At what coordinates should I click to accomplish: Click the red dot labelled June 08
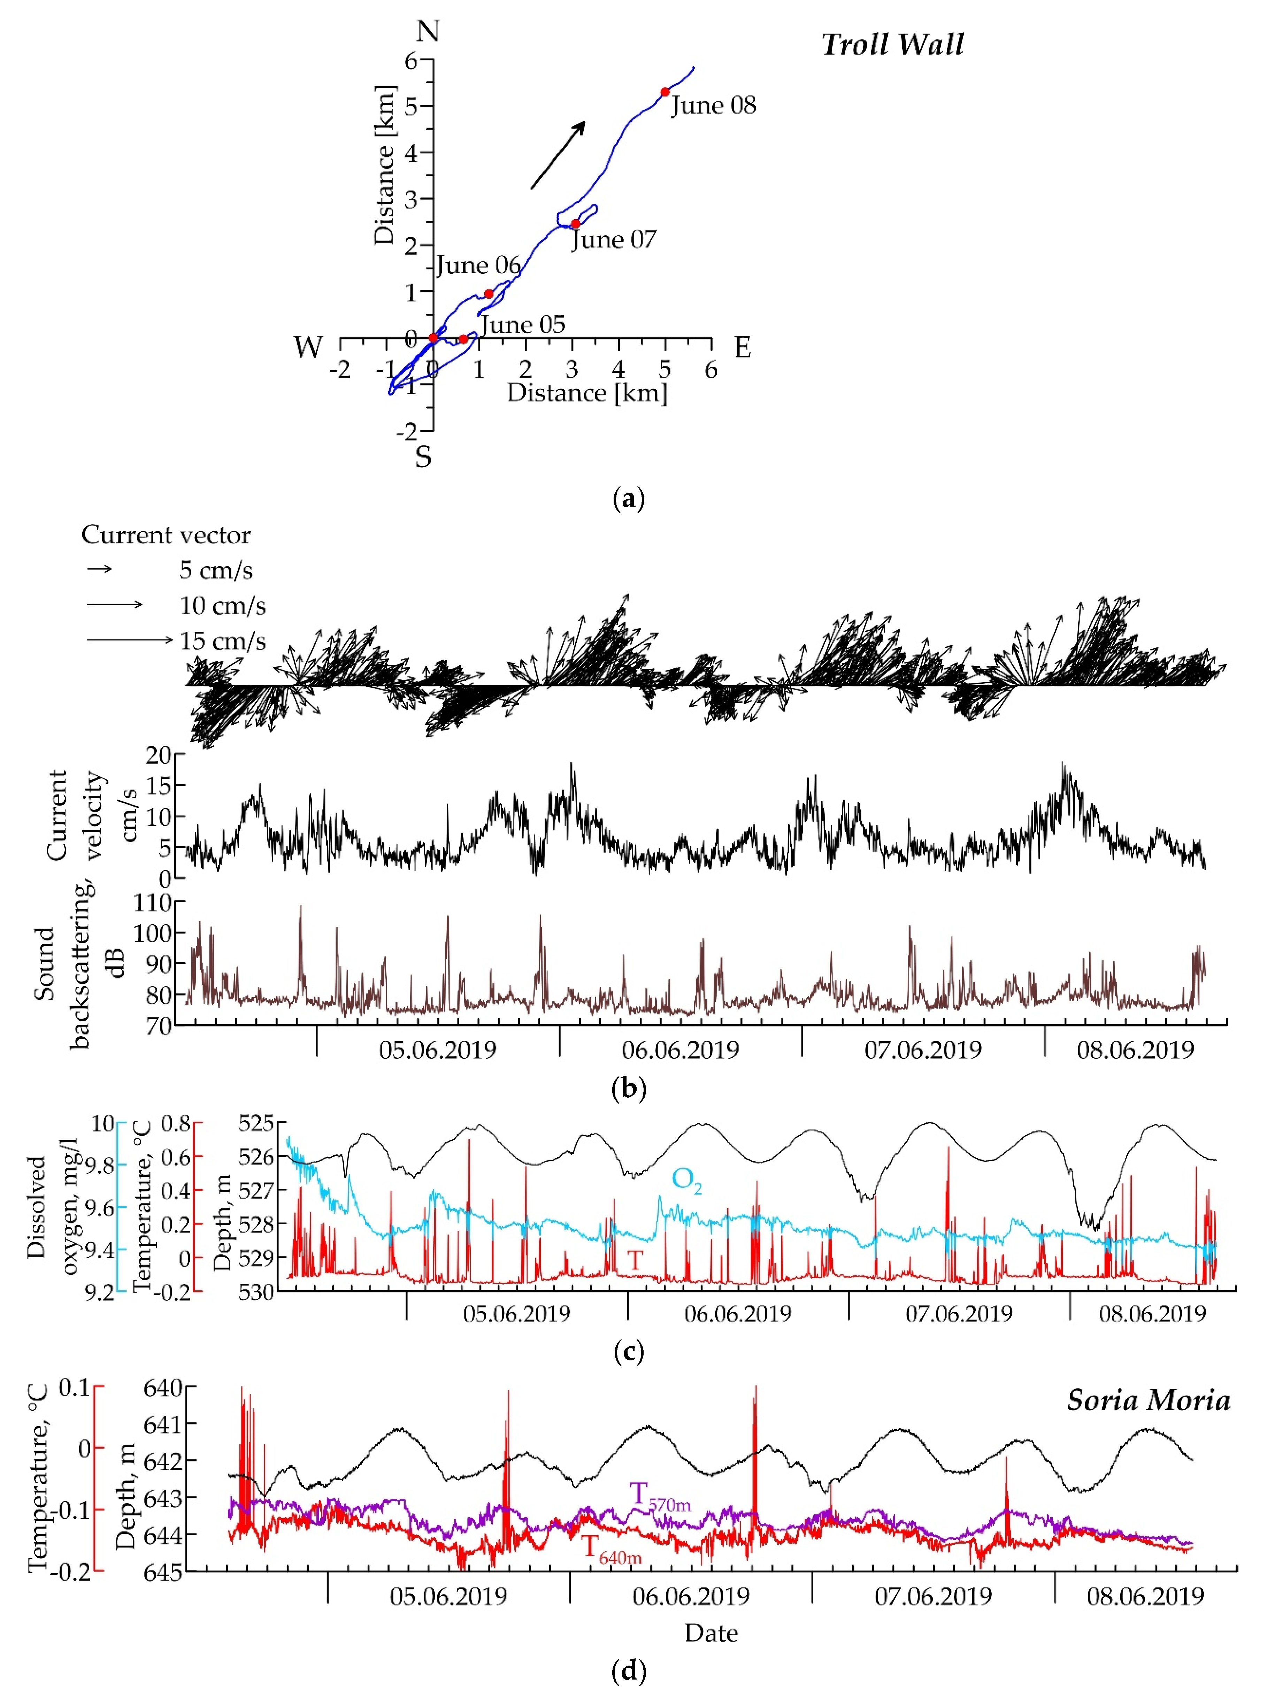(x=665, y=92)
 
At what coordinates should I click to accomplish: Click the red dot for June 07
(x=575, y=224)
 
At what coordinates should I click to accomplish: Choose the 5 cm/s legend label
(x=215, y=570)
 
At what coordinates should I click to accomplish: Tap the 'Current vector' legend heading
(x=166, y=535)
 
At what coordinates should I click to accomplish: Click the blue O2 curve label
(x=685, y=1180)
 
